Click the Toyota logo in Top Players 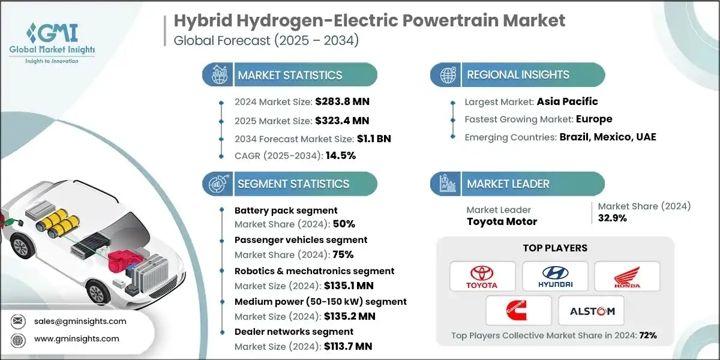click(x=482, y=277)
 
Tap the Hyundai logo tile click(x=555, y=277)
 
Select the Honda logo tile click(x=627, y=277)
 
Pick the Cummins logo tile click(x=518, y=310)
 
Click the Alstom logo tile click(x=590, y=310)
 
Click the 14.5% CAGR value click(x=340, y=155)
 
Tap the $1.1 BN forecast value click(x=374, y=137)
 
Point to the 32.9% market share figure click(x=613, y=218)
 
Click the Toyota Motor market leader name click(x=502, y=221)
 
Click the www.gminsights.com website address click(x=77, y=339)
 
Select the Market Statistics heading click(x=290, y=76)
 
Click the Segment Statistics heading click(x=293, y=184)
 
